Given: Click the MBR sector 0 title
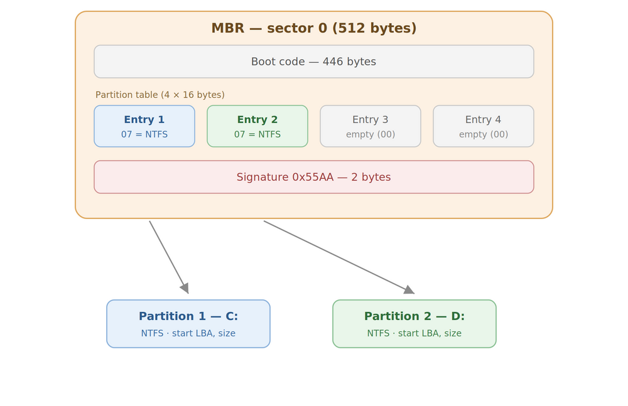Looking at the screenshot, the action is click(x=314, y=28).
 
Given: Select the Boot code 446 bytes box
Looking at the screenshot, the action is click(x=314, y=61).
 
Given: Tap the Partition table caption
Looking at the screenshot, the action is click(x=160, y=95).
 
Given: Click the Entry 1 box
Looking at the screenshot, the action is click(x=144, y=126).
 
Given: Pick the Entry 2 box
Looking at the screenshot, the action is click(x=257, y=126).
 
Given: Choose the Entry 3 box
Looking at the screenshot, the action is click(x=371, y=126).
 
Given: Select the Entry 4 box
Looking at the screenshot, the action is click(x=484, y=126).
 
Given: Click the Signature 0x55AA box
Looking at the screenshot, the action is click(x=314, y=177).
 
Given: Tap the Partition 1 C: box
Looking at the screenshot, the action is click(x=188, y=324).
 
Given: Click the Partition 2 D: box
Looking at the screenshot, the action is click(x=414, y=324).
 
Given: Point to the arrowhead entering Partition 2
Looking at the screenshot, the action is click(x=410, y=291).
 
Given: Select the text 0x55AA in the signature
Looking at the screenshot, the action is click(x=313, y=177).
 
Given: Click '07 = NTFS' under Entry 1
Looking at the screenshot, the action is click(x=144, y=134).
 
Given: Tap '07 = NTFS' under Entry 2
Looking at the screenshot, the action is click(x=257, y=134).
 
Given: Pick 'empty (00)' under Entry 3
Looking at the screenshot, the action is click(x=371, y=134).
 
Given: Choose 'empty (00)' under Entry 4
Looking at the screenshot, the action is click(x=484, y=134).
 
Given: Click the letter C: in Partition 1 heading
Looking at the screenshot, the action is click(x=232, y=316).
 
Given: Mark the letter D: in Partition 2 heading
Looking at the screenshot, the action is click(x=458, y=316).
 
